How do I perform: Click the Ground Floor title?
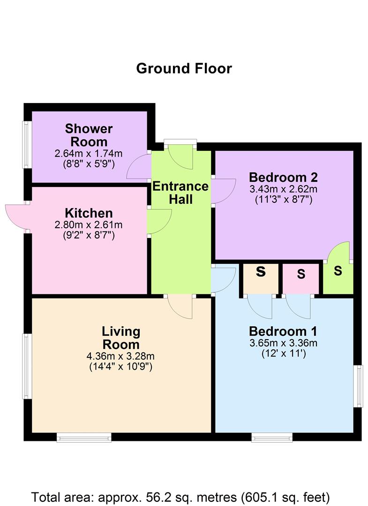coord(184,68)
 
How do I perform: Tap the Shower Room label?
coord(89,135)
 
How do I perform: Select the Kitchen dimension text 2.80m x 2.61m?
coord(89,225)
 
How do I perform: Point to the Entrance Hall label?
coord(180,193)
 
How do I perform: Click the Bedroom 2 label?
coord(283,178)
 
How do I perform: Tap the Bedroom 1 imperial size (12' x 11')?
coord(283,354)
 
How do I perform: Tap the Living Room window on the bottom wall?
coord(84,437)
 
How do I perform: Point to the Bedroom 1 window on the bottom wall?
coord(272,437)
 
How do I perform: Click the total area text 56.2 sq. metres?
coord(180,496)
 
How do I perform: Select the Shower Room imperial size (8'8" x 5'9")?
coord(89,164)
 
